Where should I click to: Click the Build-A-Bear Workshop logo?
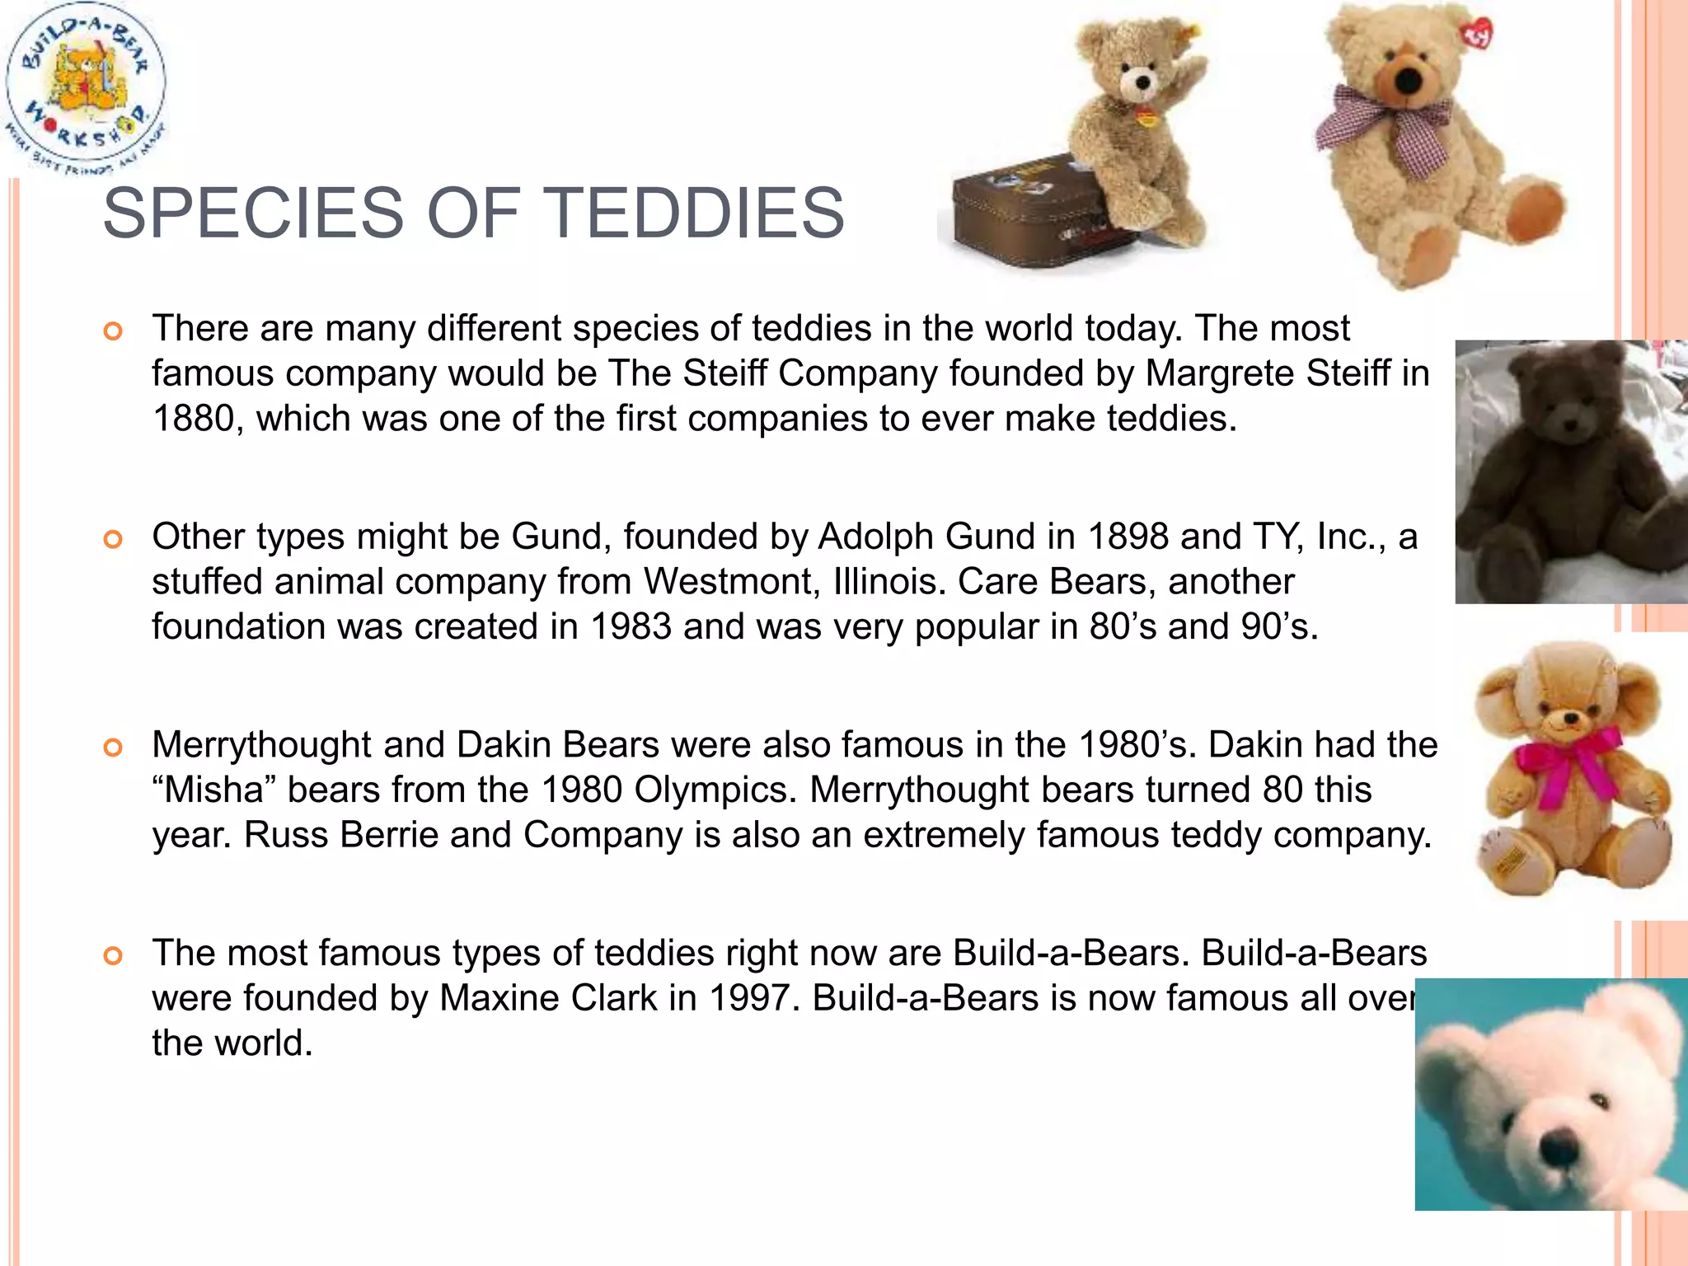click(x=85, y=87)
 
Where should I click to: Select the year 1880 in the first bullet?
click(x=192, y=419)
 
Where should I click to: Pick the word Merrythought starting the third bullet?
click(x=261, y=745)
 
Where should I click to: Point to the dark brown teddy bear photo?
click(x=1570, y=471)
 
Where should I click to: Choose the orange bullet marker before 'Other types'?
click(x=113, y=540)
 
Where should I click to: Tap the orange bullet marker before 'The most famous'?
click(x=113, y=956)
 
